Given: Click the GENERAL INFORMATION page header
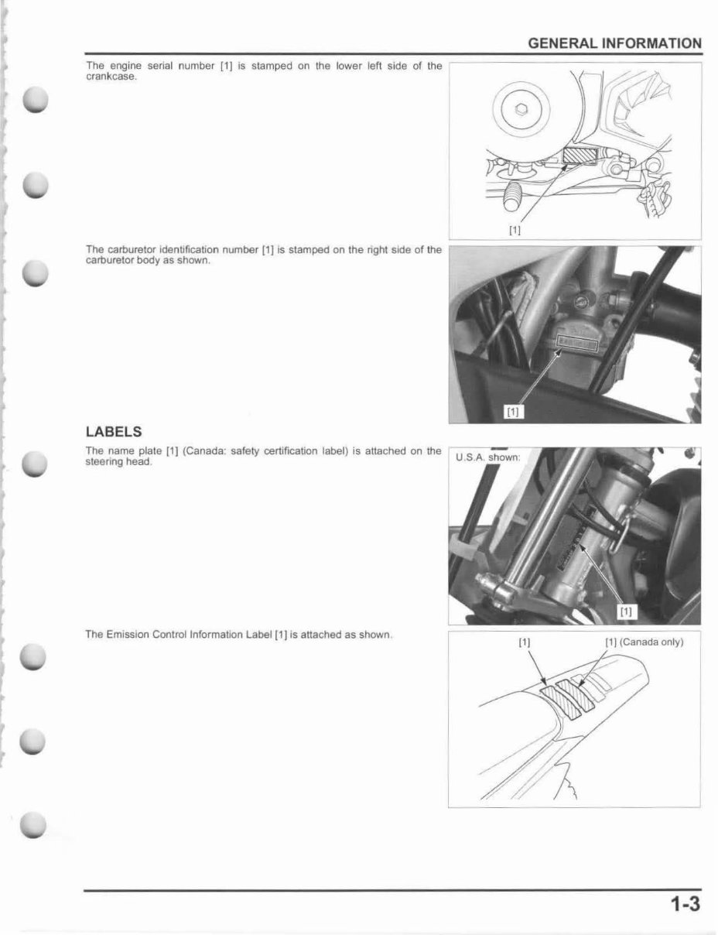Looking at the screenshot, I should pos(614,44).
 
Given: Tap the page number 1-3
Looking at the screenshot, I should pos(685,904).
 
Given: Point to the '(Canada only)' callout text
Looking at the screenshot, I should pos(651,642).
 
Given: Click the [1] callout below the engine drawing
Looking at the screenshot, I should pos(515,229).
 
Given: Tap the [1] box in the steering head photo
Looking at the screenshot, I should pos(625,611).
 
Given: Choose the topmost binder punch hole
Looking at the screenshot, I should pos(36,101).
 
